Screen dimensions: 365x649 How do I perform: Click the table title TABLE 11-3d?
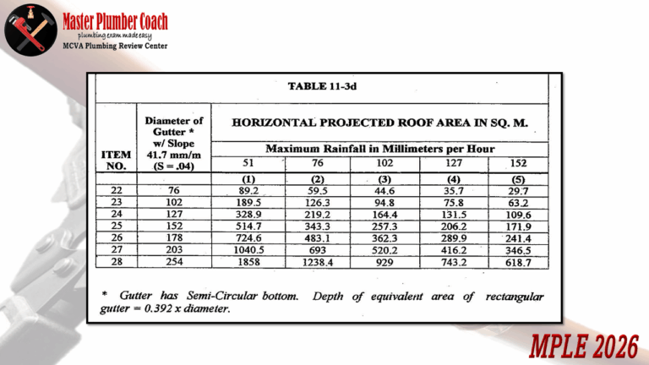322,86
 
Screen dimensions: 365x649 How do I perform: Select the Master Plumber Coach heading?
115,20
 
